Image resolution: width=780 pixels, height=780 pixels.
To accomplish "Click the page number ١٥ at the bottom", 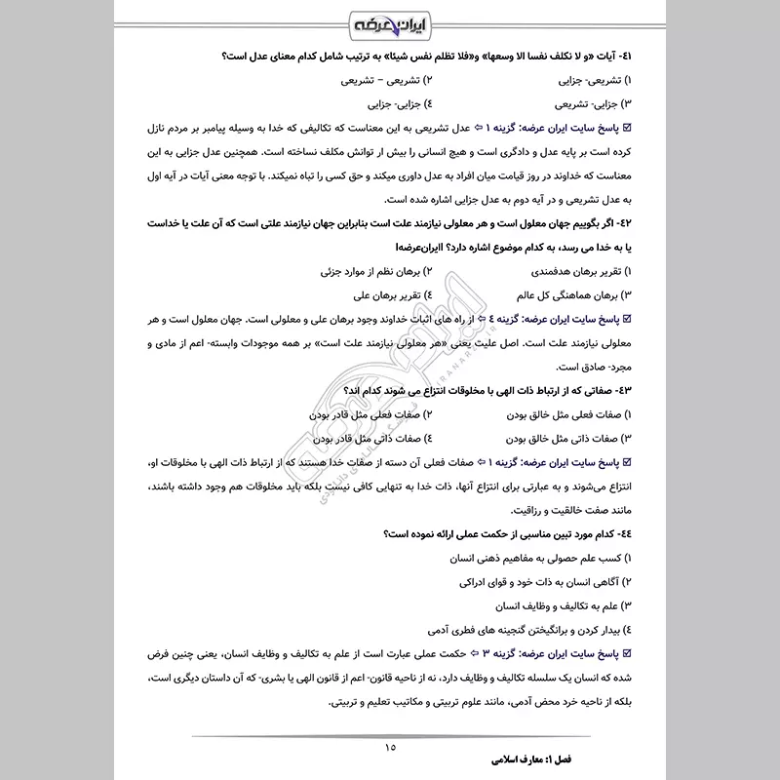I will click(x=390, y=748).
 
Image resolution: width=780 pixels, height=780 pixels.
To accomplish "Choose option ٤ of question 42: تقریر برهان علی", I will click(x=386, y=293).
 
